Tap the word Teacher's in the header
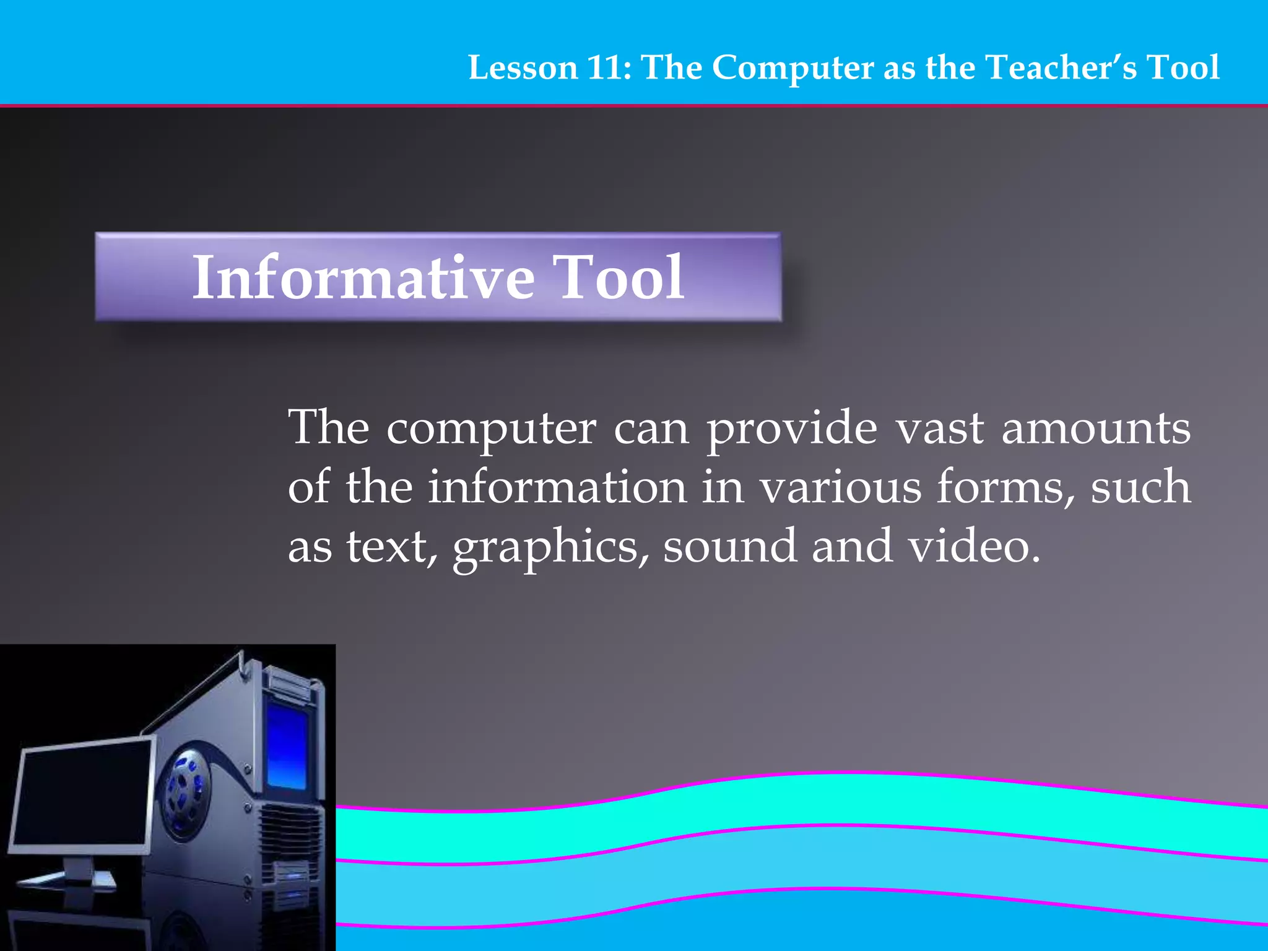coord(1061,68)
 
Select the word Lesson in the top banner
coord(523,68)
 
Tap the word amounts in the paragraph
coord(1096,428)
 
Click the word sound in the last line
coord(729,547)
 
